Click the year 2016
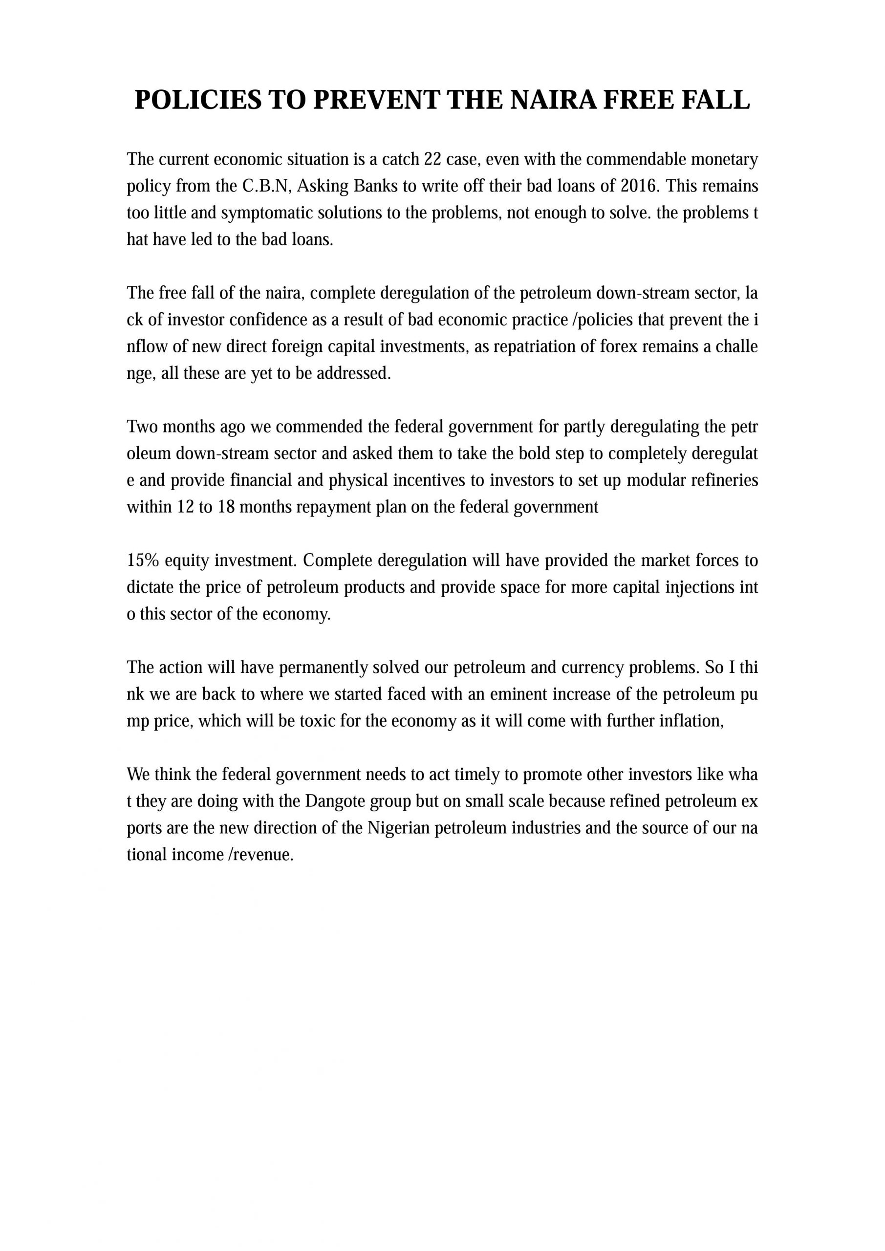640,186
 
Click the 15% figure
143,560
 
